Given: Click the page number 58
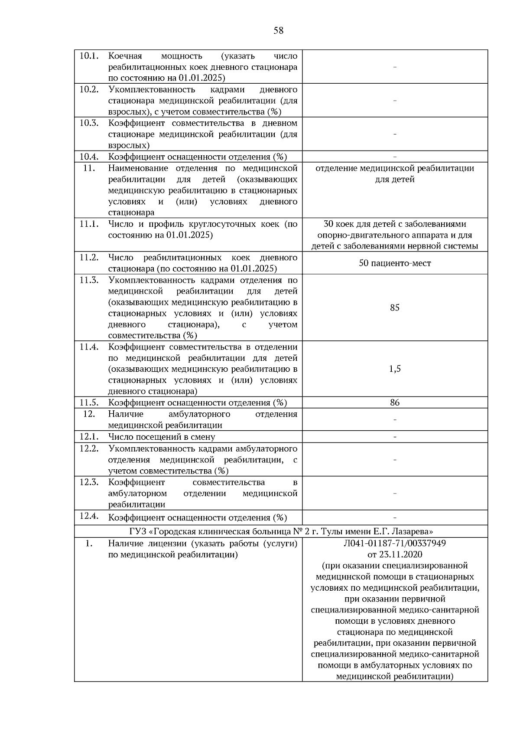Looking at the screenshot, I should [279, 31].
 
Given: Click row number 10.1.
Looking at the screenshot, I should [89, 56].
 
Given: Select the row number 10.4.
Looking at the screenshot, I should [89, 157].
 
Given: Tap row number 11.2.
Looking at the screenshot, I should [89, 258].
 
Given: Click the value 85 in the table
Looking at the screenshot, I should [394, 308].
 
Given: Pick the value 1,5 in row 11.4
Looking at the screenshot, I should [394, 369].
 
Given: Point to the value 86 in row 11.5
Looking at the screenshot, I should [394, 402].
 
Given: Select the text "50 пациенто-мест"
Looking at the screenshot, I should [394, 263].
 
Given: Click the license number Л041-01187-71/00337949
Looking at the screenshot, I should [394, 543].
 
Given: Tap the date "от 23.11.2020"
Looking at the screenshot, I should [394, 555].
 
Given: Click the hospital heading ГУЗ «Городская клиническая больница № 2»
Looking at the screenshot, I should [281, 531].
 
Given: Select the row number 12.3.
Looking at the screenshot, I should [89, 482].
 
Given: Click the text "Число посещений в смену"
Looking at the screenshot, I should [161, 437].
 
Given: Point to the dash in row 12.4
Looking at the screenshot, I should [394, 518].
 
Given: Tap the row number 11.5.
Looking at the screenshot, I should [89, 402].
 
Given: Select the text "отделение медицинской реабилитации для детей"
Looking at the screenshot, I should [394, 173].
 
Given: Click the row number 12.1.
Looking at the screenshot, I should [89, 437].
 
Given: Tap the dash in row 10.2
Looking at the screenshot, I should [394, 101].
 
